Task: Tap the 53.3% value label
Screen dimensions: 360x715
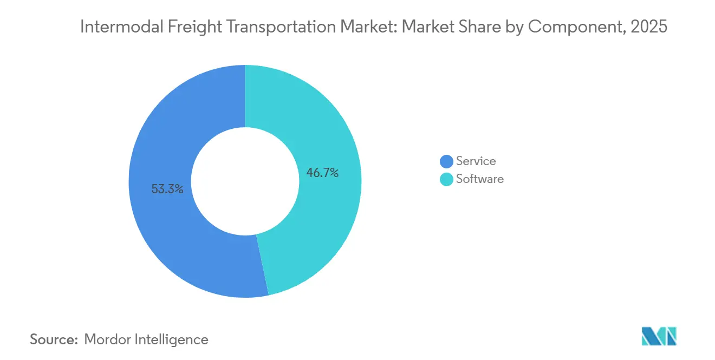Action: click(x=167, y=189)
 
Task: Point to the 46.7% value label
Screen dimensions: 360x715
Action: click(x=322, y=173)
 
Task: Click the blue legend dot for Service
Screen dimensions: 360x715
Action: click(x=446, y=161)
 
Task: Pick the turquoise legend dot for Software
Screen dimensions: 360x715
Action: click(x=446, y=179)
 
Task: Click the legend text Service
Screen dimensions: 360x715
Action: click(x=476, y=161)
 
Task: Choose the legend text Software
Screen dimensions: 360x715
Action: click(x=479, y=179)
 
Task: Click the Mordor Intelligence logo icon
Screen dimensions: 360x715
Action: click(x=659, y=336)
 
